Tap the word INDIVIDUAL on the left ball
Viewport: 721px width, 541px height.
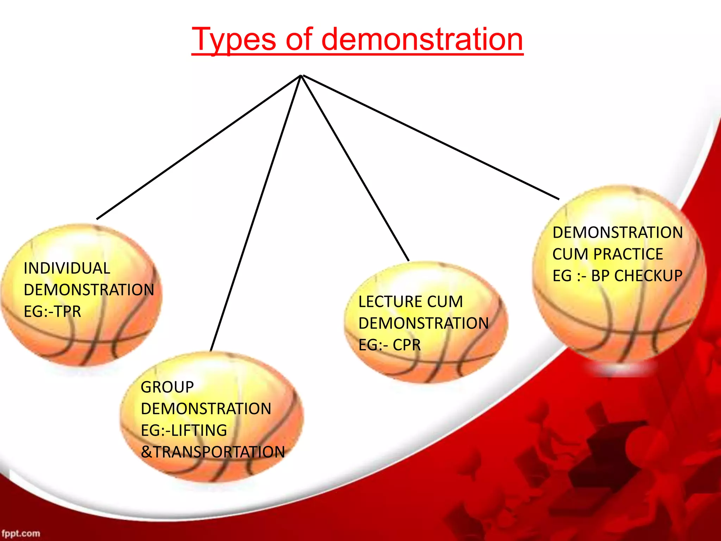(x=67, y=268)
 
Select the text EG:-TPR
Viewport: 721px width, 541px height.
(x=52, y=311)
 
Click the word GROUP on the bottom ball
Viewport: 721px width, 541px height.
(x=167, y=387)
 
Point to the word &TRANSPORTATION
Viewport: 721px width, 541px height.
(x=213, y=452)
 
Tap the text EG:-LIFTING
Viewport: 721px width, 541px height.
(x=184, y=430)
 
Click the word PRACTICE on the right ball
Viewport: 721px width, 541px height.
(x=628, y=254)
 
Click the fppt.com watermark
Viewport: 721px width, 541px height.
(x=20, y=533)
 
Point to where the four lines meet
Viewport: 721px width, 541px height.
(x=301, y=76)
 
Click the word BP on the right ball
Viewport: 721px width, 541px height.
(x=600, y=275)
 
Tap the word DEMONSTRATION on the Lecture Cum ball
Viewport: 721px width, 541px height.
(x=424, y=323)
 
